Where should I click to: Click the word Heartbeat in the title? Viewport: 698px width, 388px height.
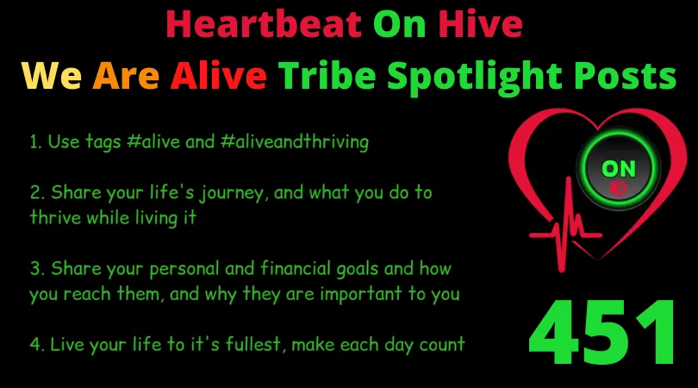[264, 23]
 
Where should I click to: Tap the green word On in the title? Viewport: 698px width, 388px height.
[399, 24]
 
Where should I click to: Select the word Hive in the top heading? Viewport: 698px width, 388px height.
[480, 23]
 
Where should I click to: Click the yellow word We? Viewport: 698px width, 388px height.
[52, 75]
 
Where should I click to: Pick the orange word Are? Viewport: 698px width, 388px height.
[126, 75]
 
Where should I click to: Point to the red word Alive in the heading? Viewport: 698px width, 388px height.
[218, 74]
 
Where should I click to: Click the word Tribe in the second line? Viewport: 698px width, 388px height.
[327, 74]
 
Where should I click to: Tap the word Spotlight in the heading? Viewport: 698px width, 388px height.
[475, 78]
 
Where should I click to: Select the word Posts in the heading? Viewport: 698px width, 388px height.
[625, 75]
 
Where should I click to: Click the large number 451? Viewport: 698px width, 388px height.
[601, 332]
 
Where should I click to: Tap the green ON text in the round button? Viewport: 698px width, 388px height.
[619, 169]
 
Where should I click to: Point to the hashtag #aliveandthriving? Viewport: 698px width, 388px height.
[295, 141]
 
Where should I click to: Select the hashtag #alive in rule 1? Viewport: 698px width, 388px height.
[153, 141]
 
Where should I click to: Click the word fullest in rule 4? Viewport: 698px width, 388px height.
[253, 344]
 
